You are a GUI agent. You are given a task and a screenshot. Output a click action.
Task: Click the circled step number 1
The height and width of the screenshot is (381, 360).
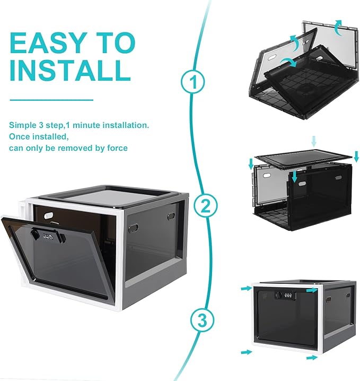(193, 82)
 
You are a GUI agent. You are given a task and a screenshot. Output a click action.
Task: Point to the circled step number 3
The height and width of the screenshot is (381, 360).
(202, 320)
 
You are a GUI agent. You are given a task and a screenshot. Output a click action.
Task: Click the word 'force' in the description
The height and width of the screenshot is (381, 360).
(117, 148)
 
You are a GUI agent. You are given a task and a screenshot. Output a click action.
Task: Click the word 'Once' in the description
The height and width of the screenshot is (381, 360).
(19, 136)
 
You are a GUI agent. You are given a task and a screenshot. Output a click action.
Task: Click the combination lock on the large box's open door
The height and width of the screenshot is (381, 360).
(48, 236)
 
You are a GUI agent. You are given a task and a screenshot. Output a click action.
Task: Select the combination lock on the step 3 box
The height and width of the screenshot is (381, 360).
(285, 295)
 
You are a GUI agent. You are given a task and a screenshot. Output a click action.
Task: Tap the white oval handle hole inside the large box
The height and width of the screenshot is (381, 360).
(49, 215)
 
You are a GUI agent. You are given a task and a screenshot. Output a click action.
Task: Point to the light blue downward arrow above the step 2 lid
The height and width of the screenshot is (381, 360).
(314, 142)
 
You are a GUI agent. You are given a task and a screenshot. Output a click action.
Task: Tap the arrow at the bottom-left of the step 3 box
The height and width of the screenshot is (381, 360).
(247, 352)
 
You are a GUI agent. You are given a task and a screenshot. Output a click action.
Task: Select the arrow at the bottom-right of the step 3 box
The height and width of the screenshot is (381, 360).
(312, 358)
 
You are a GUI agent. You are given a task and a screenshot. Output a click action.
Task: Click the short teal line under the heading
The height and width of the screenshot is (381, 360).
(51, 100)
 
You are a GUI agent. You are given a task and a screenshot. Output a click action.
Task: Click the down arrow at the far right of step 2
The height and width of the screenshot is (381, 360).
(356, 156)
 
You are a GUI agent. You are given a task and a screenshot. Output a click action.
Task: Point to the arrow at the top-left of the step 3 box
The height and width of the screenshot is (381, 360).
(247, 289)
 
